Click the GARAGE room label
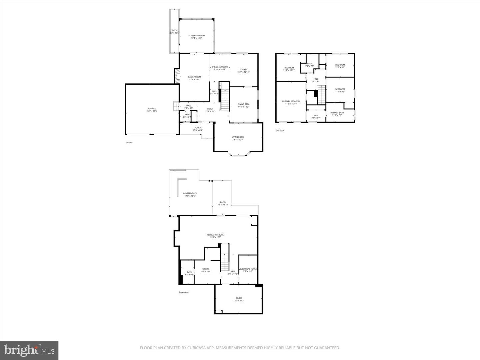point(152,109)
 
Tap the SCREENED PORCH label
point(196,36)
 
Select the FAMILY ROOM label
point(194,77)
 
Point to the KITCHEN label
point(243,70)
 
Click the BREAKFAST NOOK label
point(220,67)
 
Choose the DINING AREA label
point(243,104)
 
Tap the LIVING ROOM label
point(238,137)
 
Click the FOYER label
point(210,109)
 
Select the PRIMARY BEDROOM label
point(291,101)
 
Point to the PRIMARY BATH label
point(337,113)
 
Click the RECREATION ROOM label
point(215,235)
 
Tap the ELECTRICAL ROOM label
point(248,269)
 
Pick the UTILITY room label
point(206,269)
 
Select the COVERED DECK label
point(190,193)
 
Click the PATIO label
point(223,202)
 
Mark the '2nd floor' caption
point(280,131)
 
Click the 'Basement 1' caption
point(184,293)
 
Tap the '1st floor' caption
point(129,143)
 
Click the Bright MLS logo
point(29,350)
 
